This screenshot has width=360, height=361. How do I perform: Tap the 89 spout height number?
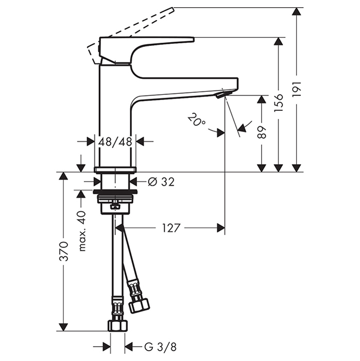[262, 132]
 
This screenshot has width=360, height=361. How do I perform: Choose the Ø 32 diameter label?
[161, 182]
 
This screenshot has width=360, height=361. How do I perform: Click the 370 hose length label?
[63, 252]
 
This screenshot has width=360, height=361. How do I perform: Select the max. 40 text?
[81, 231]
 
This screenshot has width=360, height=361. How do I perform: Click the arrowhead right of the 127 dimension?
[221, 227]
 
